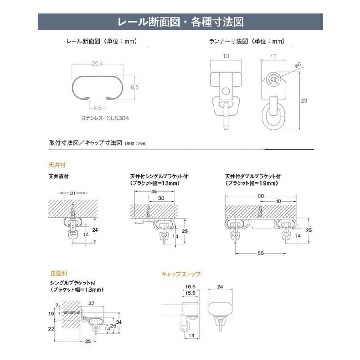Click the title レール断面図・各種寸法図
pos(180,22)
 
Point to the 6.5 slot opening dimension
pos(98,108)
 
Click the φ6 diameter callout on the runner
pos(297,64)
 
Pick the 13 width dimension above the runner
pos(226,56)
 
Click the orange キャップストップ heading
pos(181,274)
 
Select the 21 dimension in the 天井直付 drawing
pos(72,194)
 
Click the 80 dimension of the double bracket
pos(261,195)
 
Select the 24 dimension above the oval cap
pos(220,287)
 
